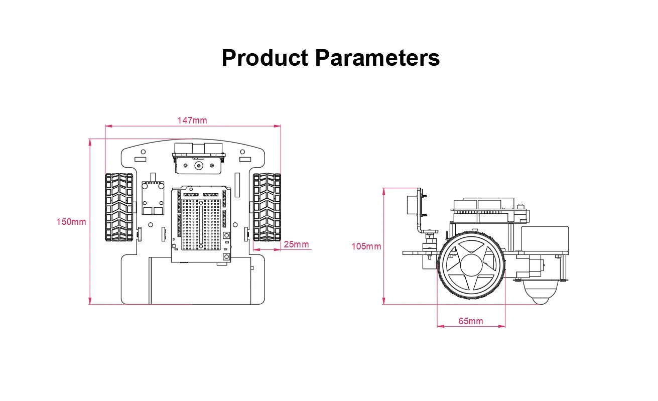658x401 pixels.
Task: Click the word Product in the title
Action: click(x=265, y=58)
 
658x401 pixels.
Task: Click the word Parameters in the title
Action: click(x=377, y=58)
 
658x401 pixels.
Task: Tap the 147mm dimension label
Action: click(x=192, y=120)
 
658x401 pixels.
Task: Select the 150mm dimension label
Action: click(x=71, y=221)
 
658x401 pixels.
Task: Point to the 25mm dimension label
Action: click(x=297, y=244)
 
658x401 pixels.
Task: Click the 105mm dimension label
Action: click(x=366, y=246)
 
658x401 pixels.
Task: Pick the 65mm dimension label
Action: click(x=471, y=321)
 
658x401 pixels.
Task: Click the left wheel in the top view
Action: click(x=119, y=207)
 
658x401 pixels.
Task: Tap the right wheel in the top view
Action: click(x=267, y=207)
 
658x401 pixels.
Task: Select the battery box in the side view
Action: click(x=544, y=239)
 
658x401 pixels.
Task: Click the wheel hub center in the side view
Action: click(x=471, y=265)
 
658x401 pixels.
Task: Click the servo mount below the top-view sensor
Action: click(x=198, y=165)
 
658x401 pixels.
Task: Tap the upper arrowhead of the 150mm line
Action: click(x=90, y=142)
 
